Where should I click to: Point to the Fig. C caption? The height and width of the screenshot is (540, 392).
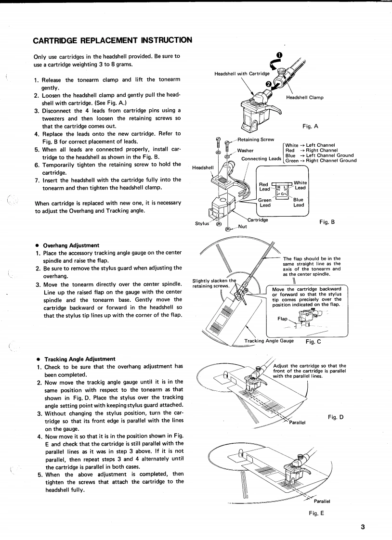click(314, 342)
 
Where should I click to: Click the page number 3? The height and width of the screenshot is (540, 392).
click(363, 526)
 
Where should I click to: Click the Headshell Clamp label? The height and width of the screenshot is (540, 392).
click(305, 98)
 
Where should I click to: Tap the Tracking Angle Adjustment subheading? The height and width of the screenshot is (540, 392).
click(79, 359)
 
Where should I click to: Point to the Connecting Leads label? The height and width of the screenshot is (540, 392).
click(261, 159)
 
